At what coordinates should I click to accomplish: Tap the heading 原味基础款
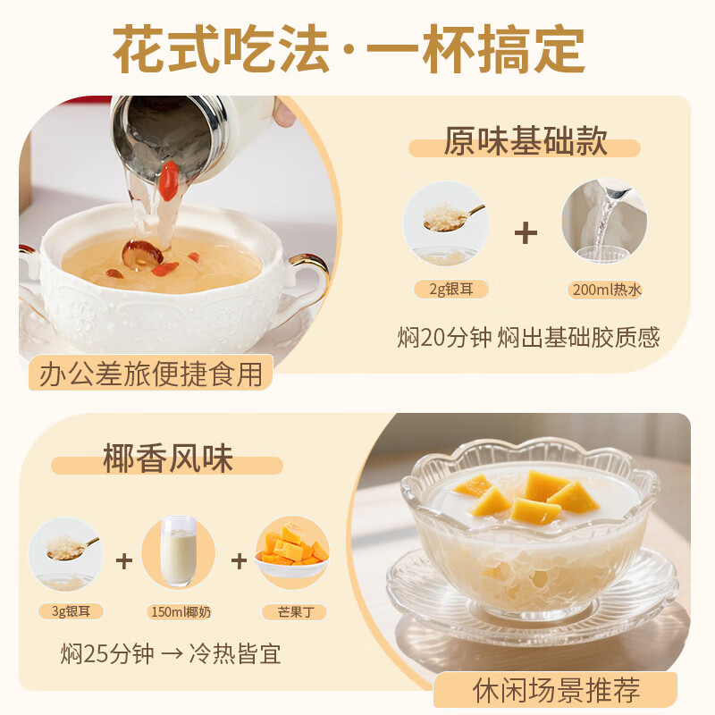pyautogui.click(x=526, y=143)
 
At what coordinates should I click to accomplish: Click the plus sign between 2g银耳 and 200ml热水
pyautogui.click(x=526, y=234)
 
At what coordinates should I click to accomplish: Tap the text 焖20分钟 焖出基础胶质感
pyautogui.click(x=527, y=337)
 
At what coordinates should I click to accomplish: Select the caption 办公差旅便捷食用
pyautogui.click(x=150, y=374)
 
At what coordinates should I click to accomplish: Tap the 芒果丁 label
pyautogui.click(x=293, y=612)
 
